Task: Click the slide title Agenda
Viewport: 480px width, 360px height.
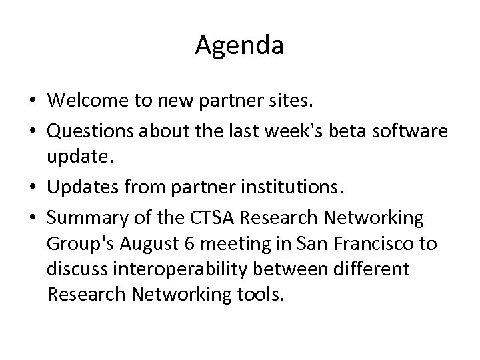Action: tap(240, 45)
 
